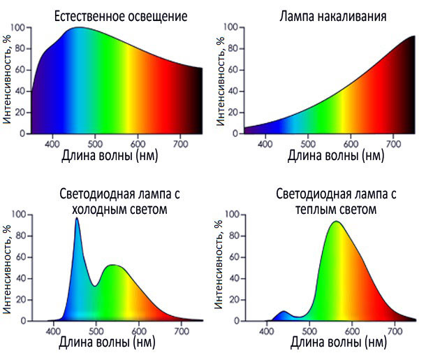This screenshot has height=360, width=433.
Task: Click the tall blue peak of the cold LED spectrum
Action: pos(77,219)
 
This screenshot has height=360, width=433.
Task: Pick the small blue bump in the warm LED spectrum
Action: pos(283,312)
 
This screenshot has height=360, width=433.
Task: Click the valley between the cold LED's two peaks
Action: pos(94,285)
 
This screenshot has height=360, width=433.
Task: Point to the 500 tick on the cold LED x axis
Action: pos(97,331)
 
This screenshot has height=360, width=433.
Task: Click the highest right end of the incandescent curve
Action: pos(414,36)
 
